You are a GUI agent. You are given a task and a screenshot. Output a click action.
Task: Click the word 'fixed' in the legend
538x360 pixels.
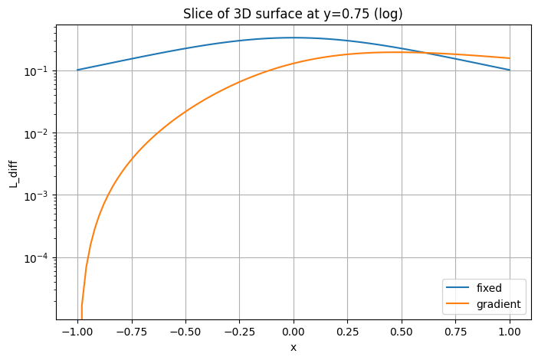click(x=489, y=289)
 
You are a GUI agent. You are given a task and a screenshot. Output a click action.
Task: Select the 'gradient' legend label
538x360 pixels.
click(x=498, y=304)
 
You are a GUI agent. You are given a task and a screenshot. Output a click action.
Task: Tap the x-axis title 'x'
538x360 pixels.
click(x=294, y=347)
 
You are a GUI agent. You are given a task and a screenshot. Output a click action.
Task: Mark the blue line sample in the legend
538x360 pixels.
click(x=458, y=289)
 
